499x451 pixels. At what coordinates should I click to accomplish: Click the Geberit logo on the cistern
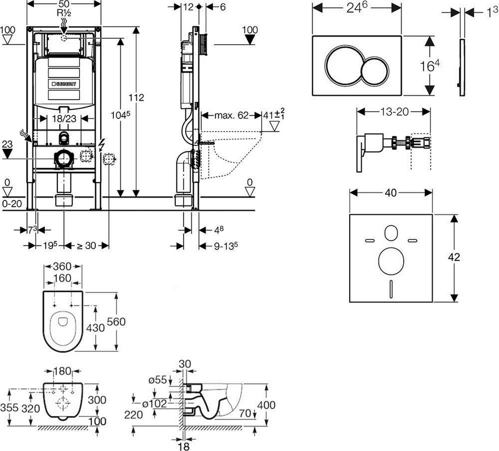pyautogui.click(x=64, y=84)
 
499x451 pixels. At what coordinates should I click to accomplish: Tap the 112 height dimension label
pyautogui.click(x=136, y=97)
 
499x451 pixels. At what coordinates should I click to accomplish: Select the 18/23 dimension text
pyautogui.click(x=64, y=118)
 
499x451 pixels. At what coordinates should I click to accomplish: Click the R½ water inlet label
pyautogui.click(x=64, y=14)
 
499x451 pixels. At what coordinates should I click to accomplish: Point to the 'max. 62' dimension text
pyautogui.click(x=231, y=115)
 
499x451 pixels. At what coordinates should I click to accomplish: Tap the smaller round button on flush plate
pyautogui.click(x=375, y=71)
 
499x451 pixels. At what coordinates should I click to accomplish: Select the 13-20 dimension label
pyautogui.click(x=394, y=112)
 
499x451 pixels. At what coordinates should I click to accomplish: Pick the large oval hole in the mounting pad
pyautogui.click(x=391, y=261)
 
